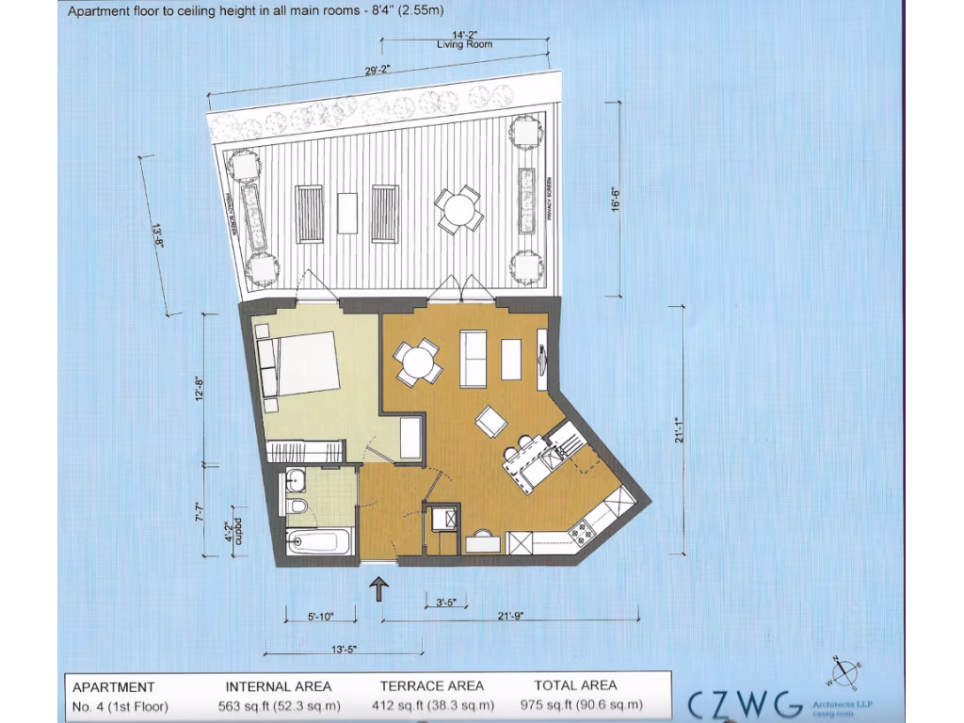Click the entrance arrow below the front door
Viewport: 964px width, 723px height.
pyautogui.click(x=379, y=590)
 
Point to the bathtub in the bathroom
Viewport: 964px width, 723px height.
pyautogui.click(x=318, y=541)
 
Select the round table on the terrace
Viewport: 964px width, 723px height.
pyautogui.click(x=458, y=209)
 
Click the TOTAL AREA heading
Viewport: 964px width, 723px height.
pyautogui.click(x=575, y=685)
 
